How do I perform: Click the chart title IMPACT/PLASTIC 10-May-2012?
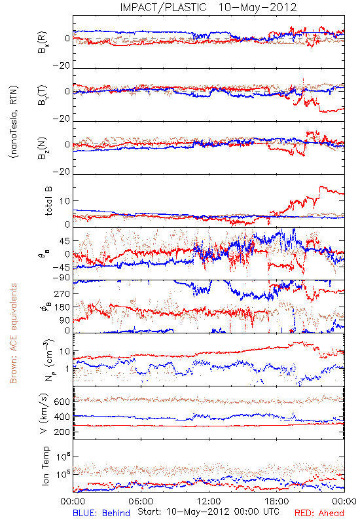coord(208,7)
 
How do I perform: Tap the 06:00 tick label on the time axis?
coord(141,501)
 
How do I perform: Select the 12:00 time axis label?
coord(209,501)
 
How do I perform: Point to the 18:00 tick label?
coord(277,501)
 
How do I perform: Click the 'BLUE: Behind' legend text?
coord(101,513)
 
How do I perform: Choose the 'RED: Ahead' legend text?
coord(319,513)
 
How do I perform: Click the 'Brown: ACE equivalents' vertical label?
coord(13,333)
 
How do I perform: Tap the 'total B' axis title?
coord(48,201)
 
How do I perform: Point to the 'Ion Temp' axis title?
coord(45,466)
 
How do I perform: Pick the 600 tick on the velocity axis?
coord(62,402)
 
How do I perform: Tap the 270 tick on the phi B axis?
coord(62,293)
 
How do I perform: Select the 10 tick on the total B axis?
coord(65,201)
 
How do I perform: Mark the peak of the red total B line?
coord(321,187)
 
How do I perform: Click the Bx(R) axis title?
coord(43,42)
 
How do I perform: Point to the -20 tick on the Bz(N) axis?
coord(62,172)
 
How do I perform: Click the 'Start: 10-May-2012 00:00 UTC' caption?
coord(208,512)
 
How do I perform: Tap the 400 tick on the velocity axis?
coord(62,417)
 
